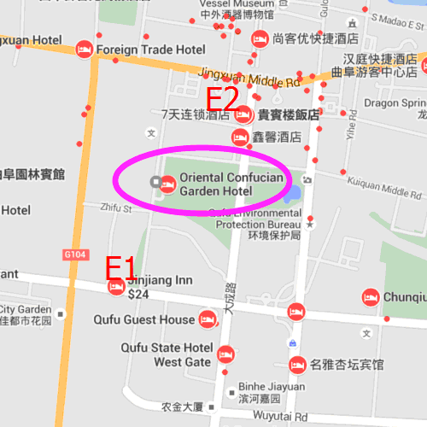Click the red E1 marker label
(x=120, y=267)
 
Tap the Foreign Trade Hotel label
(x=150, y=50)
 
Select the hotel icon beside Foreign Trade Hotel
(x=84, y=50)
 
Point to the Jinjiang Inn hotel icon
(x=116, y=286)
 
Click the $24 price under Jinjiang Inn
(x=137, y=295)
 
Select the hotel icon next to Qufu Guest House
(x=207, y=321)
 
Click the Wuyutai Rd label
(x=281, y=417)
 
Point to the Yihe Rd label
(x=350, y=129)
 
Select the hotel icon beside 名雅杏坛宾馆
(x=295, y=365)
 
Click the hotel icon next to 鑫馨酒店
(x=240, y=137)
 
